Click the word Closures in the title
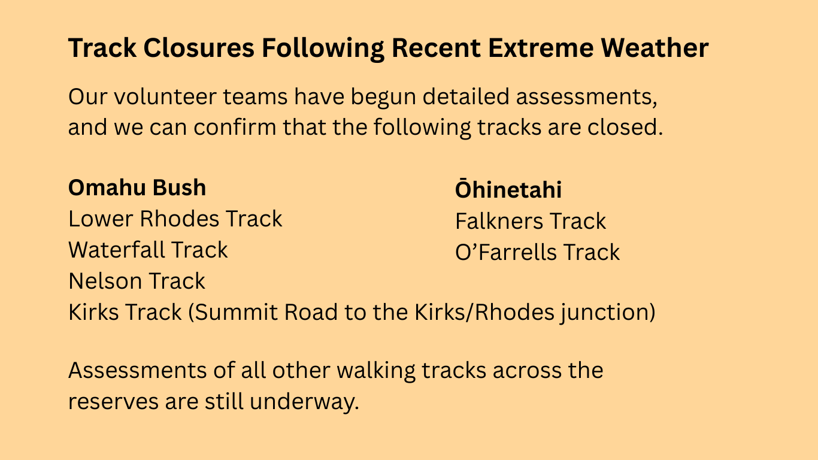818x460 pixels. (x=199, y=48)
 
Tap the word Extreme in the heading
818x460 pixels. (x=541, y=48)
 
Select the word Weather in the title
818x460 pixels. (x=655, y=48)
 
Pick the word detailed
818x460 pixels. (x=466, y=96)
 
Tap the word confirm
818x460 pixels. (x=235, y=127)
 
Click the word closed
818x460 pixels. (x=625, y=127)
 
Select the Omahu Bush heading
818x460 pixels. (x=137, y=187)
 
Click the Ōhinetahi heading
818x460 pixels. (x=508, y=189)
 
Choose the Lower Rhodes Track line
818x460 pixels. (x=175, y=219)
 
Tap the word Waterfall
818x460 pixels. (x=117, y=250)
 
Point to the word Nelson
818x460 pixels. (x=105, y=281)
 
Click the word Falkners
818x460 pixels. (x=499, y=221)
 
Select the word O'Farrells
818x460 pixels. (x=505, y=252)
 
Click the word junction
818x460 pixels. (x=608, y=313)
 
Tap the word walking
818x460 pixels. (x=376, y=371)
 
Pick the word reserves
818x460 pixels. (x=113, y=402)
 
